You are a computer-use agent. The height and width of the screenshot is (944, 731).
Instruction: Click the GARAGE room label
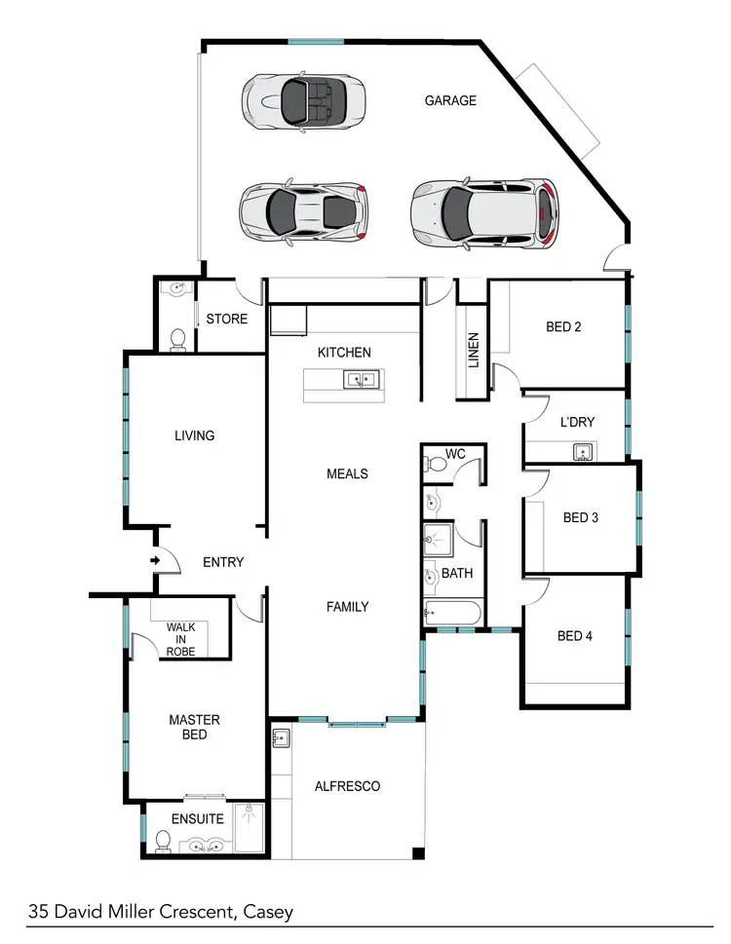click(450, 100)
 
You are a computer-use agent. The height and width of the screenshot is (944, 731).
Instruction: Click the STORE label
click(227, 320)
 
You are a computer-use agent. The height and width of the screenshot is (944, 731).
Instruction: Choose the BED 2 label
click(564, 327)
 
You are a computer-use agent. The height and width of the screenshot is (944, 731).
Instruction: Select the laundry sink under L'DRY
click(582, 451)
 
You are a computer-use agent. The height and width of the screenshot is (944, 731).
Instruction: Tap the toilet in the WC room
click(438, 465)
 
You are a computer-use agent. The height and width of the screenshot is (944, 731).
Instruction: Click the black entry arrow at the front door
click(155, 560)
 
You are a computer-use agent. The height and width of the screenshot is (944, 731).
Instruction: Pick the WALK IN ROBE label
click(180, 639)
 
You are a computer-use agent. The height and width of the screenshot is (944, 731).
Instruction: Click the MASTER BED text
click(195, 727)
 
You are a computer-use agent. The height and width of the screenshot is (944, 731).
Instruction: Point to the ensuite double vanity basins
click(206, 845)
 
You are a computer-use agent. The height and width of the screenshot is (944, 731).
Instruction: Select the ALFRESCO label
click(347, 786)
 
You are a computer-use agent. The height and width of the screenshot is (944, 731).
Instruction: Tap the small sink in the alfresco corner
click(281, 737)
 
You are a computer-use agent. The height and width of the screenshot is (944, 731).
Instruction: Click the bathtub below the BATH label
click(452, 614)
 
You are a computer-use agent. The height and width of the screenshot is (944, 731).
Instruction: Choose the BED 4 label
click(575, 636)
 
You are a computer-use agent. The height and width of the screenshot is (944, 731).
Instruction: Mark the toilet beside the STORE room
click(177, 338)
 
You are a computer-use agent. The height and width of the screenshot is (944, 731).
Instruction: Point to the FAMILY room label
click(347, 607)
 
